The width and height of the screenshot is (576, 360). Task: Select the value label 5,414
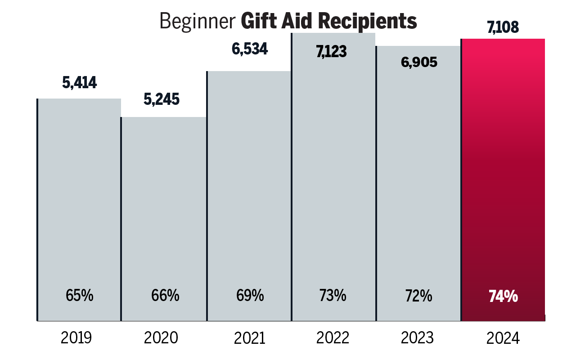[80, 83]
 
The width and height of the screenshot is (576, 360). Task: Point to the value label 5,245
[162, 99]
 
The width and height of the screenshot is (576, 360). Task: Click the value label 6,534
[250, 49]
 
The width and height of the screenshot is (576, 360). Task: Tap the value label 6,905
[419, 62]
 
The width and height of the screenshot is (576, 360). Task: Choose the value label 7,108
[503, 27]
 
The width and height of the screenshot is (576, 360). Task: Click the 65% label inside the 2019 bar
[80, 296]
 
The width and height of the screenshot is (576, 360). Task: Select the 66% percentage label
[165, 296]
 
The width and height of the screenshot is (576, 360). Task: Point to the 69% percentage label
[250, 296]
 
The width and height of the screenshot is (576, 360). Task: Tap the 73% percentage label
[333, 296]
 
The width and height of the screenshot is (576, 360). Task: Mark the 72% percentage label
[418, 296]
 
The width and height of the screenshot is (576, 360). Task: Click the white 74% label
[503, 297]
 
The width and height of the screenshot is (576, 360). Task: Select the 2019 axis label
[76, 337]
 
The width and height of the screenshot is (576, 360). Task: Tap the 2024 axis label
[503, 338]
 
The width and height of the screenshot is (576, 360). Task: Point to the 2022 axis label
[333, 337]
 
